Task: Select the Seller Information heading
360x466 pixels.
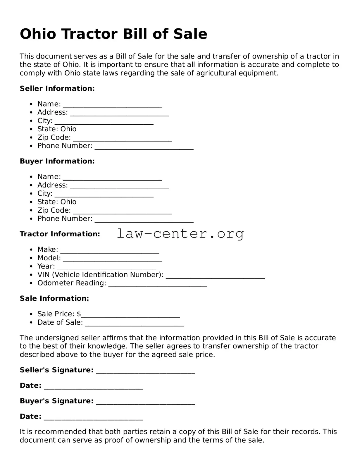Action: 57,88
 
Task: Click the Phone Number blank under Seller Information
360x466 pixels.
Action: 144,147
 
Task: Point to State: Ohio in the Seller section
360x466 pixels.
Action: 57,129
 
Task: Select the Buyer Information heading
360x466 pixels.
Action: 57,161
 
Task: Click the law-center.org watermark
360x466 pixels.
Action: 180,233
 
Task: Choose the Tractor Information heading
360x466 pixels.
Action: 60,234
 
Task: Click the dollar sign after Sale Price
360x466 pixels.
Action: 79,314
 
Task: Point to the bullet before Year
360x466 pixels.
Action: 31,266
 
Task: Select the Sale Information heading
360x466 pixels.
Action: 54,298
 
